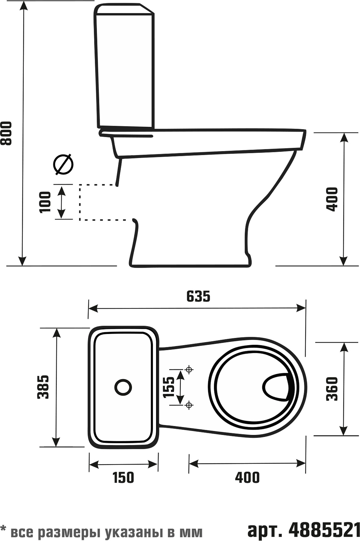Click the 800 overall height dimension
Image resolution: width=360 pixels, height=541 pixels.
tap(6, 133)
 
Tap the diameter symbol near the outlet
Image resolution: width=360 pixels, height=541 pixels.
tap(63, 164)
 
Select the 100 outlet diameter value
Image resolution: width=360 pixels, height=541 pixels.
tap(45, 202)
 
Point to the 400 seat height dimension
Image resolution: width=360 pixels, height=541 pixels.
tap(332, 199)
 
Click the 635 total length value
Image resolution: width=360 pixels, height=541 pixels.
tap(198, 296)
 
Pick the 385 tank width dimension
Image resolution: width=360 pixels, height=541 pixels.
tap(43, 387)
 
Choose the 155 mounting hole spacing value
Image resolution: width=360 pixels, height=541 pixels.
tap(168, 387)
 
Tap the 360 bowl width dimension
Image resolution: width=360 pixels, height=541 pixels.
tap(332, 389)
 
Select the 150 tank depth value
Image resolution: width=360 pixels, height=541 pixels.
tap(123, 478)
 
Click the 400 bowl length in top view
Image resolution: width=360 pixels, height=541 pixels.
tap(247, 478)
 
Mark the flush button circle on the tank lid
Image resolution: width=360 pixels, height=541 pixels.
tap(123, 387)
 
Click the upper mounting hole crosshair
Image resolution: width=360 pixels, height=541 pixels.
tap(189, 370)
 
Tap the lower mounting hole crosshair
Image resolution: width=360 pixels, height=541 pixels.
tap(189, 405)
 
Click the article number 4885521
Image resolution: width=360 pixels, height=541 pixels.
tap(324, 530)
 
